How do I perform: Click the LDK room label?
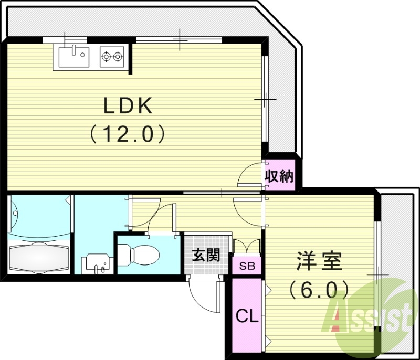pos(128,107)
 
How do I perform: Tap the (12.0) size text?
pos(128,134)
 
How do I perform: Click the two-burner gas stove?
pos(112,56)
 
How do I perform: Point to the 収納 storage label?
pos(278,176)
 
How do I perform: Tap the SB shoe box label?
pos(247,266)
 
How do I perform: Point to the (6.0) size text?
pos(319,288)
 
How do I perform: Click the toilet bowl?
pos(141,256)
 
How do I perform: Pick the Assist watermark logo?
pos(370,317)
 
